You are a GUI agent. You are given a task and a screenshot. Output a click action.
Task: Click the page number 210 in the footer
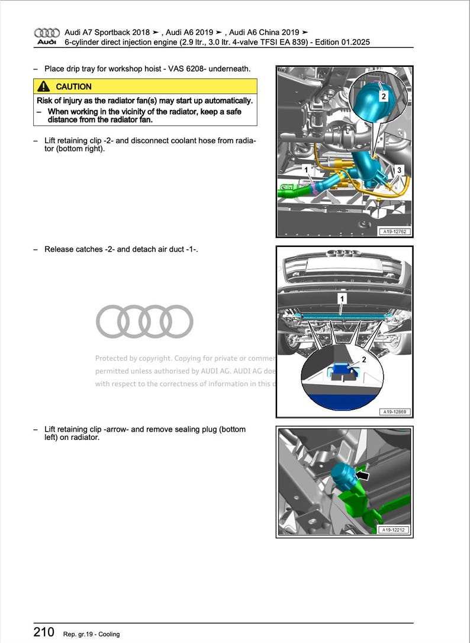click(x=44, y=633)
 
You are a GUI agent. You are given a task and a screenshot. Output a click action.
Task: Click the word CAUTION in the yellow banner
click(x=73, y=86)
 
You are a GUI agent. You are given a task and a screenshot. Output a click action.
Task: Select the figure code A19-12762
click(x=395, y=232)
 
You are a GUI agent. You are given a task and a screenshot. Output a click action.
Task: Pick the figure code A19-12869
click(x=395, y=411)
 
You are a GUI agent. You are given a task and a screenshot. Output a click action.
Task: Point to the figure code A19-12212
click(x=395, y=531)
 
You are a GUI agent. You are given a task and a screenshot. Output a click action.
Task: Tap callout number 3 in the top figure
click(x=399, y=171)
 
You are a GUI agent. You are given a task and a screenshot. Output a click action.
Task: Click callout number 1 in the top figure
click(x=306, y=170)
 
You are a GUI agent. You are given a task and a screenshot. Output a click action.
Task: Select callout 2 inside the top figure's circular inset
click(x=383, y=96)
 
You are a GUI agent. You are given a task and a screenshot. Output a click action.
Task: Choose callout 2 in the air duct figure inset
click(x=364, y=360)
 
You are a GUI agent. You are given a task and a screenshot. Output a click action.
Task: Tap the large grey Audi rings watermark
click(x=144, y=321)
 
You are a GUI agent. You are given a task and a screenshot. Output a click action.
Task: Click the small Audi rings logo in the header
click(x=47, y=32)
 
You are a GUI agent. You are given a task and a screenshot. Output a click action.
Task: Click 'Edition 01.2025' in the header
click(x=342, y=42)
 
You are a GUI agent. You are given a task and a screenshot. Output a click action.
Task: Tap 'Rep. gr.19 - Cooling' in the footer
click(x=91, y=634)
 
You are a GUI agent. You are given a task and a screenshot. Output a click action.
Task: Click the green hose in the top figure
click(x=290, y=191)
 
